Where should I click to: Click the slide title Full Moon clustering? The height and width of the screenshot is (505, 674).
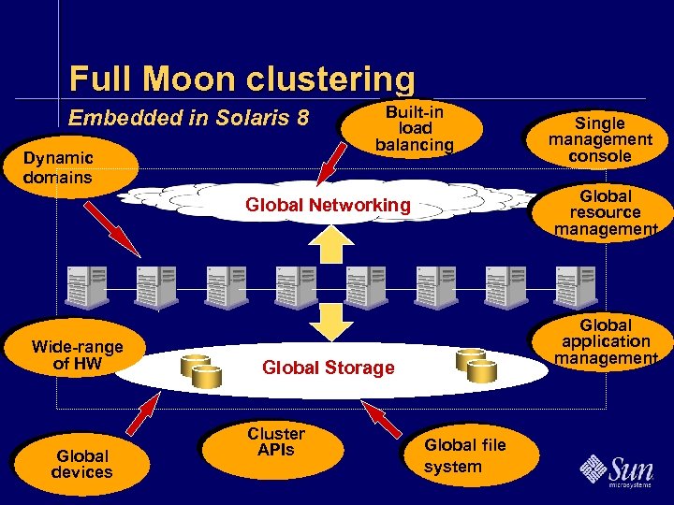click(x=242, y=79)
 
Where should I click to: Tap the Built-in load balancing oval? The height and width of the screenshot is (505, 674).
click(x=414, y=128)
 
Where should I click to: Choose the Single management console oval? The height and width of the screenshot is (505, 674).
click(x=600, y=139)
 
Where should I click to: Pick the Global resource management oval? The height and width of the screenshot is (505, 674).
click(x=606, y=213)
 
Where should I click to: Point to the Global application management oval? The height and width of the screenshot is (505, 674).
click(x=606, y=341)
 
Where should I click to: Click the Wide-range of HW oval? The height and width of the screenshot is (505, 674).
click(x=77, y=355)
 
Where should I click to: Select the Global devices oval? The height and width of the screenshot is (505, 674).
click(x=81, y=464)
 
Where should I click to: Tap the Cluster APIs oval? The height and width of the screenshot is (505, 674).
click(x=275, y=442)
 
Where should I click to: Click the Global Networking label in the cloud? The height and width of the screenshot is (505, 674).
click(x=327, y=205)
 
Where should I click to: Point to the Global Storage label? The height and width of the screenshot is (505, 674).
click(x=328, y=368)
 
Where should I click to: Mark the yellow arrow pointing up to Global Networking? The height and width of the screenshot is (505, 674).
click(x=328, y=246)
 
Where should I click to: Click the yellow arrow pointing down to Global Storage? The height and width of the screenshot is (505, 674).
click(x=328, y=320)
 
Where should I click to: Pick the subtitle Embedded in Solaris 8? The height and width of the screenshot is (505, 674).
click(x=189, y=119)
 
